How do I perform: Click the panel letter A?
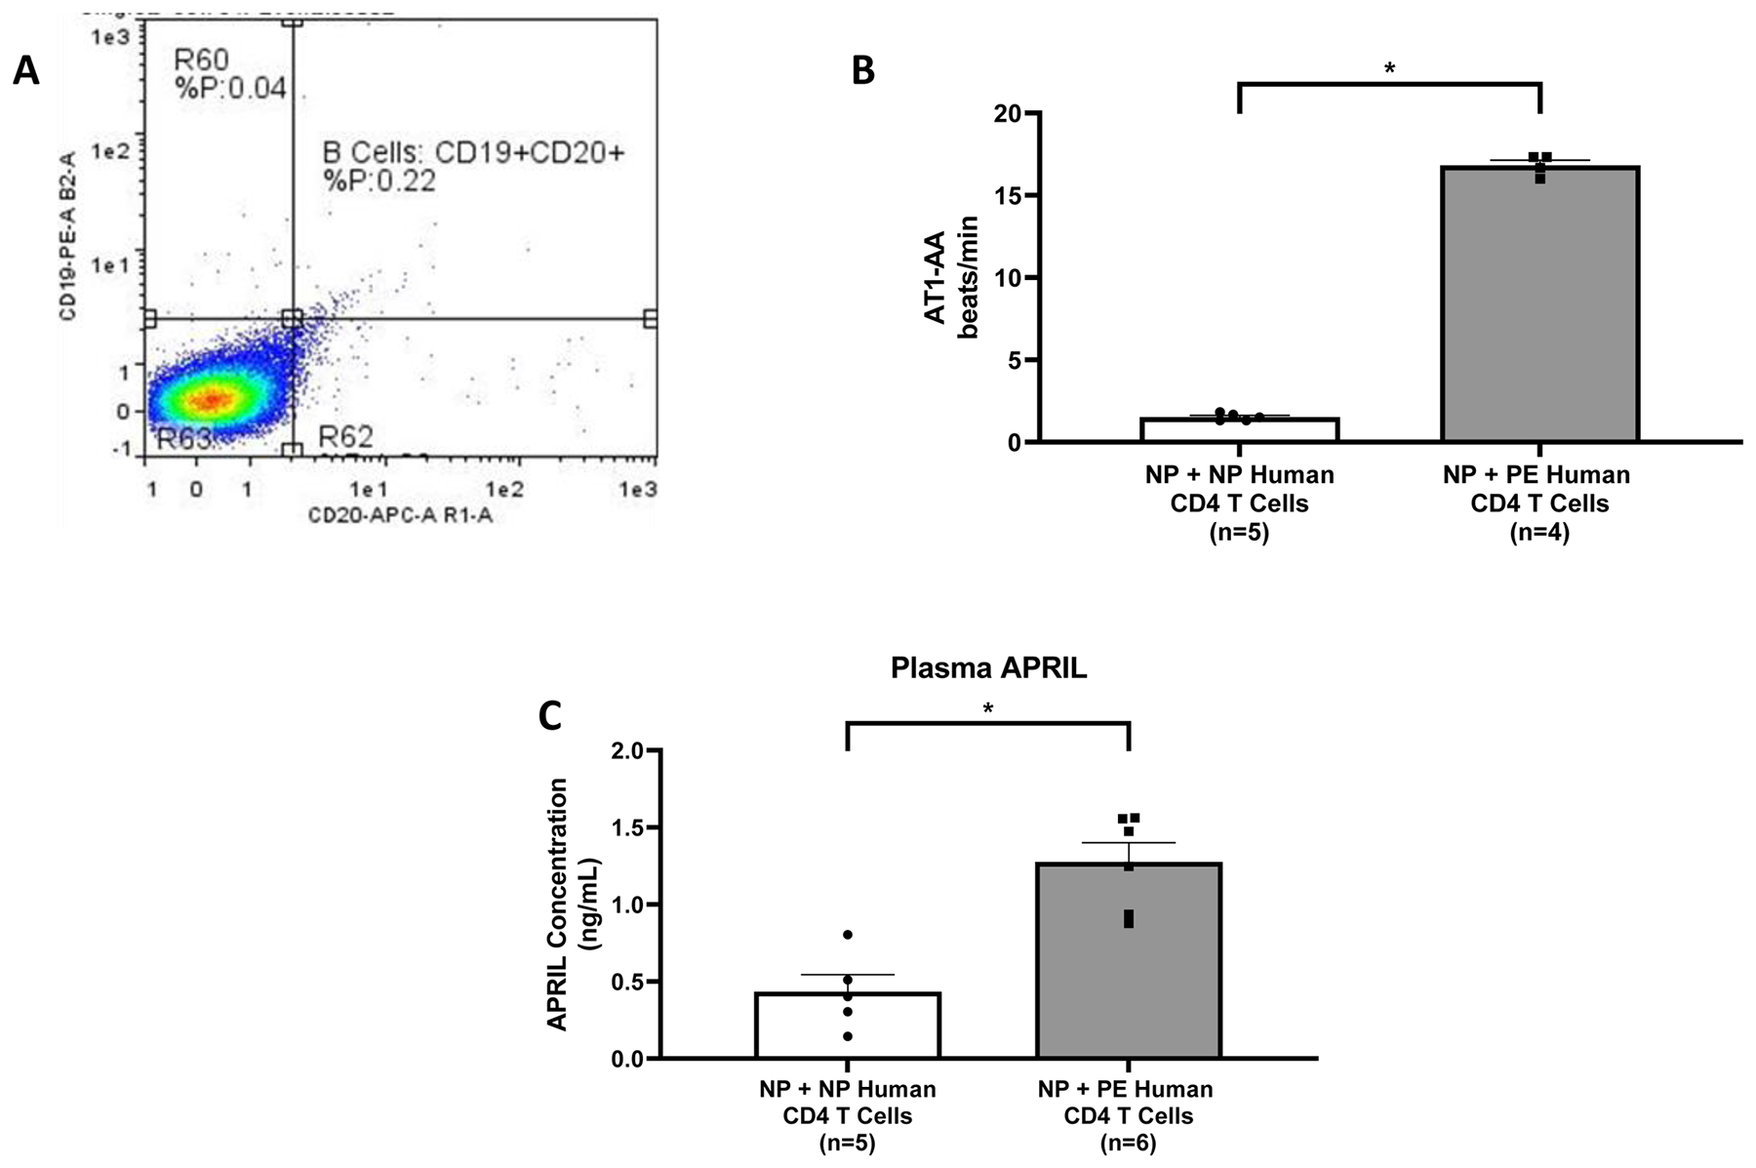[x=26, y=70]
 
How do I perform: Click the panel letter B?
[x=863, y=70]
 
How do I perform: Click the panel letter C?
[x=550, y=716]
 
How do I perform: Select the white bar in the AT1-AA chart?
[x=1239, y=430]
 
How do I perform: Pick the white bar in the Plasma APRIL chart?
[x=847, y=1026]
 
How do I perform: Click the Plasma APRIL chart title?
[x=988, y=669]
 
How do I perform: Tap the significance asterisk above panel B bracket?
[x=1389, y=69]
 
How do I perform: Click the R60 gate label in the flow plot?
[x=202, y=60]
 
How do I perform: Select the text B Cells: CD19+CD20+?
[x=473, y=153]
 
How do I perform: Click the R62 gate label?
[x=345, y=436]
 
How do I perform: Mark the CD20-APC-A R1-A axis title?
[x=400, y=514]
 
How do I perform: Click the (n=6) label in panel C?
[x=1129, y=1143]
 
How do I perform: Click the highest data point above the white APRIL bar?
[x=848, y=935]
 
